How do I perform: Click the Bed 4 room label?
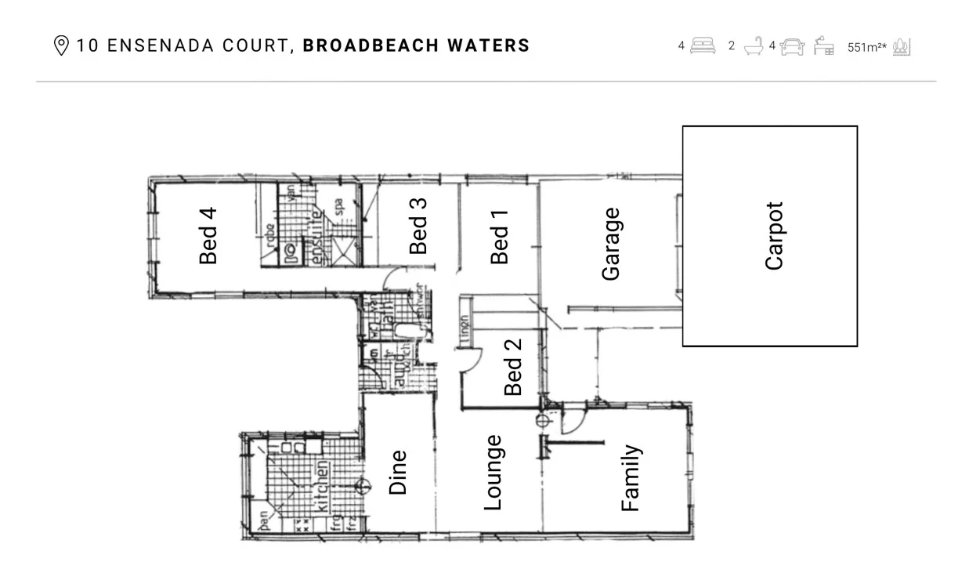tap(208, 235)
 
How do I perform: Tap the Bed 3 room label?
tap(418, 226)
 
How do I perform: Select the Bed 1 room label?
tap(499, 237)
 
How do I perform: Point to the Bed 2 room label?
tap(513, 366)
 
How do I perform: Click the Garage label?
tap(610, 243)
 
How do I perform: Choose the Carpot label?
tap(774, 236)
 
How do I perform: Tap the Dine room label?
tap(398, 472)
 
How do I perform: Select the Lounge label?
tap(493, 472)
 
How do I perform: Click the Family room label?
tap(631, 478)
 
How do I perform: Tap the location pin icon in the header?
tap(60, 45)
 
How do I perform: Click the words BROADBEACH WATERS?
tap(416, 45)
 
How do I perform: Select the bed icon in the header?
tap(703, 47)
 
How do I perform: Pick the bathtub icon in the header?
tap(753, 47)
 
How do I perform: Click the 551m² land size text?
tap(866, 48)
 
